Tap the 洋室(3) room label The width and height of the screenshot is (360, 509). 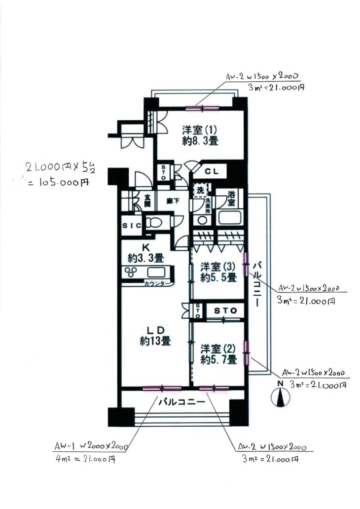point(217,272)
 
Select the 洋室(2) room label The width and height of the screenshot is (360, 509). point(218,354)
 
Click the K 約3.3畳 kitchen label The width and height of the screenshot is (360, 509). point(146,252)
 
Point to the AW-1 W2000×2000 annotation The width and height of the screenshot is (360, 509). point(92,447)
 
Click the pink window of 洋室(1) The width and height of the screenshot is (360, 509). point(202,107)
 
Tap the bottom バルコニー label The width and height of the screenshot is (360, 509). point(181,402)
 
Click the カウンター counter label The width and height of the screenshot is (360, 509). point(158,284)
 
